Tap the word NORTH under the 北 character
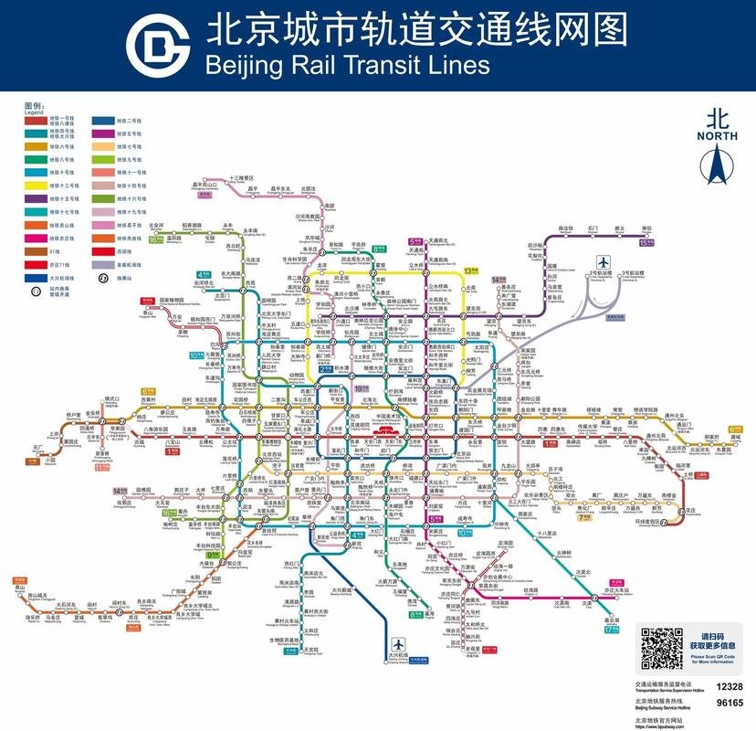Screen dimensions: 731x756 tap(718, 137)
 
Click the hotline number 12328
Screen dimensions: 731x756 tap(729, 685)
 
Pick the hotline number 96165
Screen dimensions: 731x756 tap(729, 704)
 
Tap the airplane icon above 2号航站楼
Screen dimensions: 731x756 tap(603, 260)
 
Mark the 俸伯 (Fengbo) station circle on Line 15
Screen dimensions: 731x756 tap(647, 235)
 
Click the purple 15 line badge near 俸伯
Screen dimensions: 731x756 tap(647, 244)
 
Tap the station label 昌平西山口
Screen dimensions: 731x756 tap(206, 185)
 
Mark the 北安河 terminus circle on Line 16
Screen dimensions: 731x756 tap(157, 229)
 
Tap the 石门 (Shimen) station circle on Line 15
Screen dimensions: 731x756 tap(593, 235)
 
